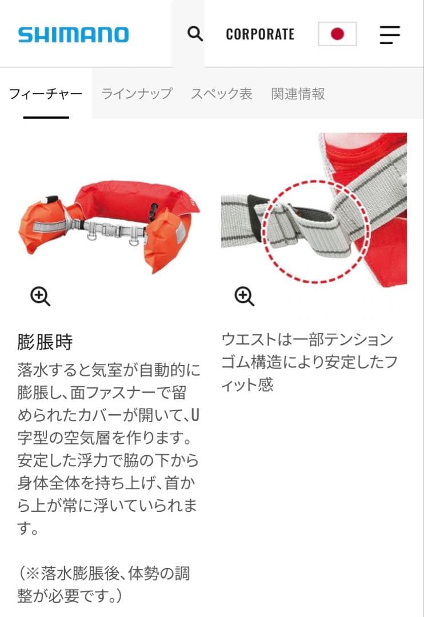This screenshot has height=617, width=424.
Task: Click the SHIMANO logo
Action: point(73,34)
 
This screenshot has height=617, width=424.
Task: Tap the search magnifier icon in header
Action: point(195,34)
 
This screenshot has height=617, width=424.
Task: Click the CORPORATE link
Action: point(260,34)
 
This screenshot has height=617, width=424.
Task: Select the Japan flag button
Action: point(337,34)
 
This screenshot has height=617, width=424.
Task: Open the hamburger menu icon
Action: point(390,34)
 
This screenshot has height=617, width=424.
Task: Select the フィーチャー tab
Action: point(46,94)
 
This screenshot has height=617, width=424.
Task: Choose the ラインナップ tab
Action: point(137,94)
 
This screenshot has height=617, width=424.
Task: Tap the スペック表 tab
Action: point(221,94)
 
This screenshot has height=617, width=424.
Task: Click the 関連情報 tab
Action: point(298,94)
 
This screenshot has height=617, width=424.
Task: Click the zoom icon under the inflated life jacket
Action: point(40,296)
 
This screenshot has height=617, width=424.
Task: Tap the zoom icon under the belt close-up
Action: point(244,296)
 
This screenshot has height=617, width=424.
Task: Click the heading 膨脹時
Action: point(45,343)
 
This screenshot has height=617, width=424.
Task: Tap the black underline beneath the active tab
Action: point(46,117)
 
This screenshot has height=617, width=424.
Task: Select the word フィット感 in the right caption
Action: point(247,385)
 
